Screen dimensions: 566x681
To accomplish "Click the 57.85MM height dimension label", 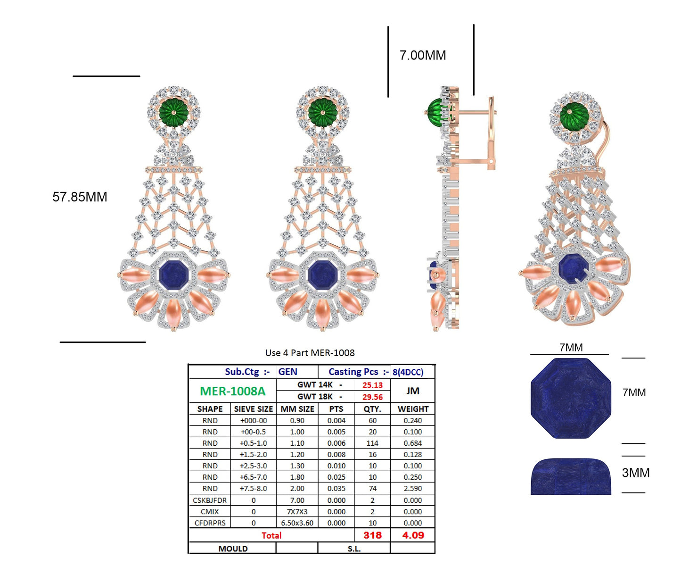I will (80, 197).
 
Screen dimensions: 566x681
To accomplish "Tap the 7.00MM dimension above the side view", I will (423, 56).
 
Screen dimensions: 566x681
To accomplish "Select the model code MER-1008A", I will (232, 391).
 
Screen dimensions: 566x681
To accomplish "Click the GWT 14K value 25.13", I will (372, 385).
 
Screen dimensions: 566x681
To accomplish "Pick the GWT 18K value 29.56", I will (372, 397).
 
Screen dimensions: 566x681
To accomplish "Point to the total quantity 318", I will (372, 535).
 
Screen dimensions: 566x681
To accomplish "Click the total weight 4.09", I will (413, 535).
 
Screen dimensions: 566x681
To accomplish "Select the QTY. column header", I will (372, 409).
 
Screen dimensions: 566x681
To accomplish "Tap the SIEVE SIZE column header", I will (253, 409).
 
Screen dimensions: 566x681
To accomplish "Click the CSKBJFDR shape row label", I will (210, 500).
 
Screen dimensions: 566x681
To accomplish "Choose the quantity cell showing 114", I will (372, 443).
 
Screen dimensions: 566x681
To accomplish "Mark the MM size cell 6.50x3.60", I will (297, 523).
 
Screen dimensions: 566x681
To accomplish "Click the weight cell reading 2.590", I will (413, 489).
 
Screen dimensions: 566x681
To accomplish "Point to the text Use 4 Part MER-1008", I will (310, 353).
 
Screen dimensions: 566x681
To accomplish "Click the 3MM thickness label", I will (635, 473).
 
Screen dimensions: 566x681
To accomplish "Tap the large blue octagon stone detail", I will (571, 399).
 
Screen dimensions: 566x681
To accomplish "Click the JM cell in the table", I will (412, 391).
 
